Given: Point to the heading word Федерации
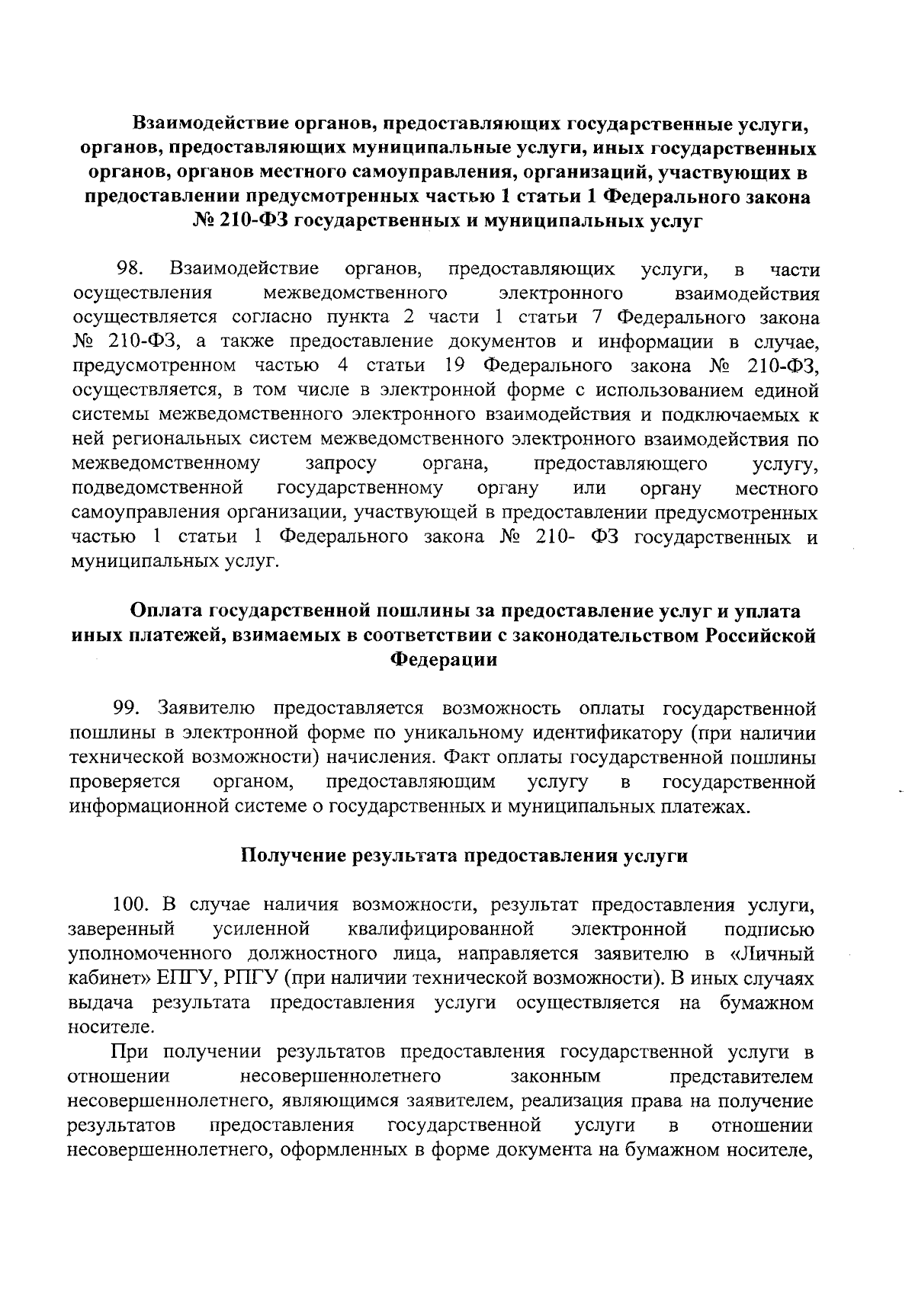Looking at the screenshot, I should (x=444, y=660).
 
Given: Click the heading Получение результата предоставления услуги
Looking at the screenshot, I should (x=464, y=856).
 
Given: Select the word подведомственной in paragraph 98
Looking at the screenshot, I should (x=157, y=488).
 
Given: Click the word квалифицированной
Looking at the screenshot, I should (x=438, y=929).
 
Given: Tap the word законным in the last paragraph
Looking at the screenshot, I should (x=554, y=1076).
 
